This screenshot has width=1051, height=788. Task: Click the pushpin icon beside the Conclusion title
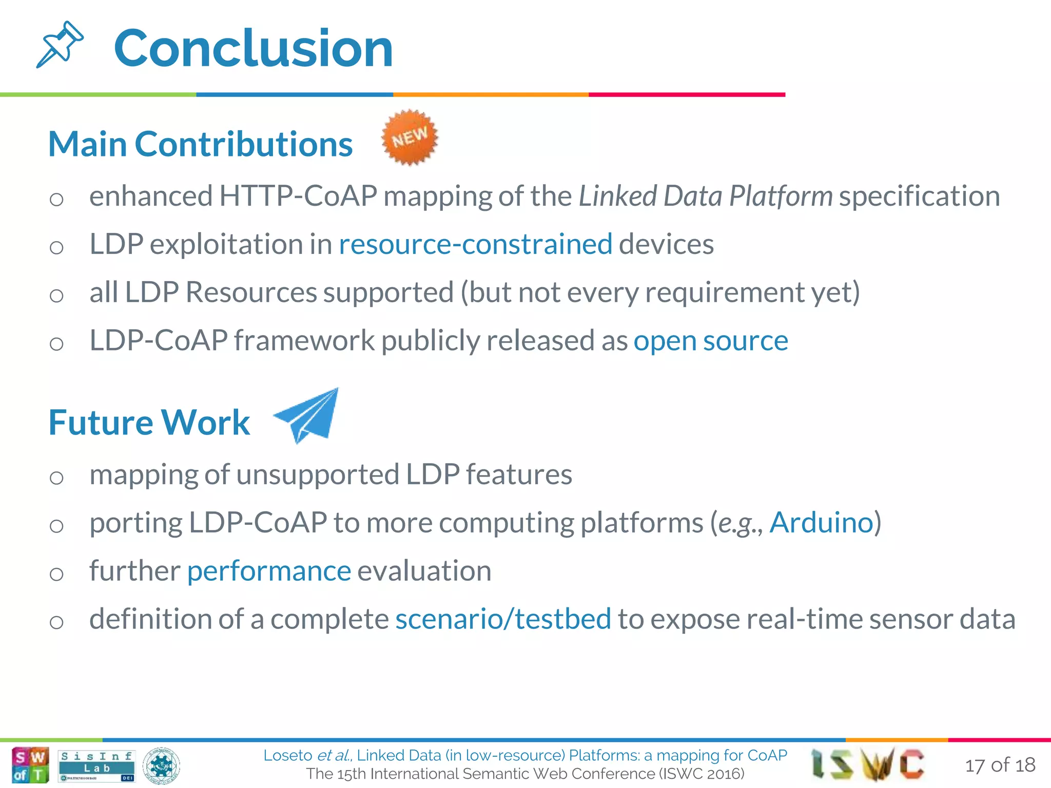pyautogui.click(x=60, y=45)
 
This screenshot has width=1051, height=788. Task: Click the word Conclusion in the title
pyautogui.click(x=254, y=48)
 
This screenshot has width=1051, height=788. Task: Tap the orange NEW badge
pyautogui.click(x=410, y=137)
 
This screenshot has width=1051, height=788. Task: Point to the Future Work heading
pyautogui.click(x=149, y=423)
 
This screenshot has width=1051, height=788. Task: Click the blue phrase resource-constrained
pyautogui.click(x=475, y=244)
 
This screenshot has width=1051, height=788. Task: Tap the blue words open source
pyautogui.click(x=710, y=341)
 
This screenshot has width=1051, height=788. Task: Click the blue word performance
pyautogui.click(x=269, y=571)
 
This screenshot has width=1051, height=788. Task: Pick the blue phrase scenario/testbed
pyautogui.click(x=503, y=619)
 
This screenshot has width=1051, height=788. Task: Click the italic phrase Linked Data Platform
pyautogui.click(x=705, y=196)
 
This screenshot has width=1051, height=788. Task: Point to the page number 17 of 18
pyautogui.click(x=1000, y=765)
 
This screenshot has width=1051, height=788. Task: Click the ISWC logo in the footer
pyautogui.click(x=867, y=764)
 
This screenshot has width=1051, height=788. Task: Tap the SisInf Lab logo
pyautogui.click(x=96, y=765)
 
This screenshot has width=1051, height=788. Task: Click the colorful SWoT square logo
pyautogui.click(x=30, y=765)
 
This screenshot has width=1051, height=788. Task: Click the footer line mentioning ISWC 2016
pyautogui.click(x=525, y=774)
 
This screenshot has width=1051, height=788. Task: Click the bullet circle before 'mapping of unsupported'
pyautogui.click(x=56, y=478)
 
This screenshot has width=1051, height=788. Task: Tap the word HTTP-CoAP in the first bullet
pyautogui.click(x=298, y=196)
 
